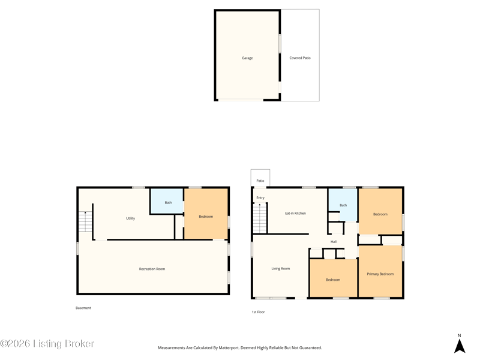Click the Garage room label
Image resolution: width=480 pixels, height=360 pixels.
point(247,58)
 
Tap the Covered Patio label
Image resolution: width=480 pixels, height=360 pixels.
point(300,58)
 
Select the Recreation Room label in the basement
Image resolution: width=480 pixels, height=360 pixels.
point(152,269)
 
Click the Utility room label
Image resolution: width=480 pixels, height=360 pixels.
point(130,218)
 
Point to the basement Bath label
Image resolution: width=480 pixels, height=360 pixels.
point(168,202)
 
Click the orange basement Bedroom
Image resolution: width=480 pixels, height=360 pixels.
point(206,214)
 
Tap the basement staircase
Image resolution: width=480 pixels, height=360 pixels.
point(85,221)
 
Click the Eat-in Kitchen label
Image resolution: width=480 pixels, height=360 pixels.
point(295,213)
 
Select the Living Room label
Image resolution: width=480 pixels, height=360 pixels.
point(280,268)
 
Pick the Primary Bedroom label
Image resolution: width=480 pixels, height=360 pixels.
point(380,274)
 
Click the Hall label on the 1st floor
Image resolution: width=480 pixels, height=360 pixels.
point(334,242)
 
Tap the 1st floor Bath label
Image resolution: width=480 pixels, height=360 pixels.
point(343,205)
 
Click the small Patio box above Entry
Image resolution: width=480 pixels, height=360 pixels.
point(260,178)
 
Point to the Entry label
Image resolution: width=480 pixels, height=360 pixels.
point(260,197)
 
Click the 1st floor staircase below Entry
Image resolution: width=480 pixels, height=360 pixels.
point(260,218)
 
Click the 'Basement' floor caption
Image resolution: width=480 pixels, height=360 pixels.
point(83,308)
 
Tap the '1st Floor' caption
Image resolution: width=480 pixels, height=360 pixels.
point(258,312)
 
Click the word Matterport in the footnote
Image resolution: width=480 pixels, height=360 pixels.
point(229,348)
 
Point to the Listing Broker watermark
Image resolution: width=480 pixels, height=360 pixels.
point(47,343)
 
